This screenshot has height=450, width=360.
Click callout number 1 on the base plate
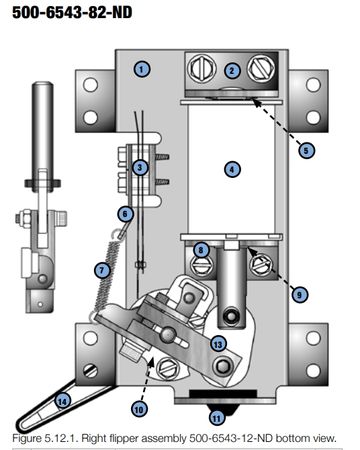(x=142, y=69)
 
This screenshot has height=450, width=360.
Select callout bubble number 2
(x=232, y=70)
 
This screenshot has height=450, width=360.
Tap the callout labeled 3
(x=140, y=167)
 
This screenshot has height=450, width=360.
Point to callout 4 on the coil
(x=232, y=169)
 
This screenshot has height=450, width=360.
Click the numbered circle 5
(x=306, y=150)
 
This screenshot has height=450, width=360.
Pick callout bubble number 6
(x=125, y=214)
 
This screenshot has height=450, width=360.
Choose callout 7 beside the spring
(x=102, y=270)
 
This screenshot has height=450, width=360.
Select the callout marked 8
(x=201, y=250)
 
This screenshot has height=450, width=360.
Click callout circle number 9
(x=299, y=295)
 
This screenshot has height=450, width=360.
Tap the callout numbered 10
(x=139, y=409)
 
